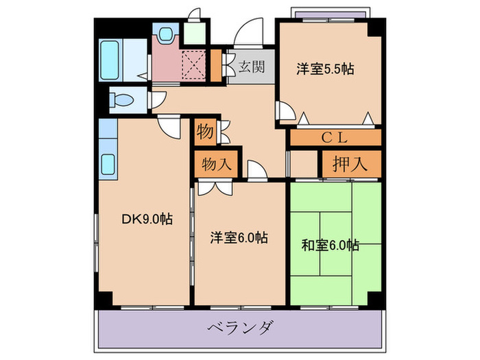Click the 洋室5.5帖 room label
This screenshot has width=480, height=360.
click(325, 69)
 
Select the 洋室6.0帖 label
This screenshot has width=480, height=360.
click(239, 238)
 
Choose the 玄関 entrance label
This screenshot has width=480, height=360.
click(252, 67)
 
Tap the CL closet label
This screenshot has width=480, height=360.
click(335, 136)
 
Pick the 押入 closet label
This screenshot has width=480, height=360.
click(350, 164)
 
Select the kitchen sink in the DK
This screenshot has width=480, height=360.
click(109, 164)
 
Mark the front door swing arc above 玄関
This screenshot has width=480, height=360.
click(245, 32)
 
